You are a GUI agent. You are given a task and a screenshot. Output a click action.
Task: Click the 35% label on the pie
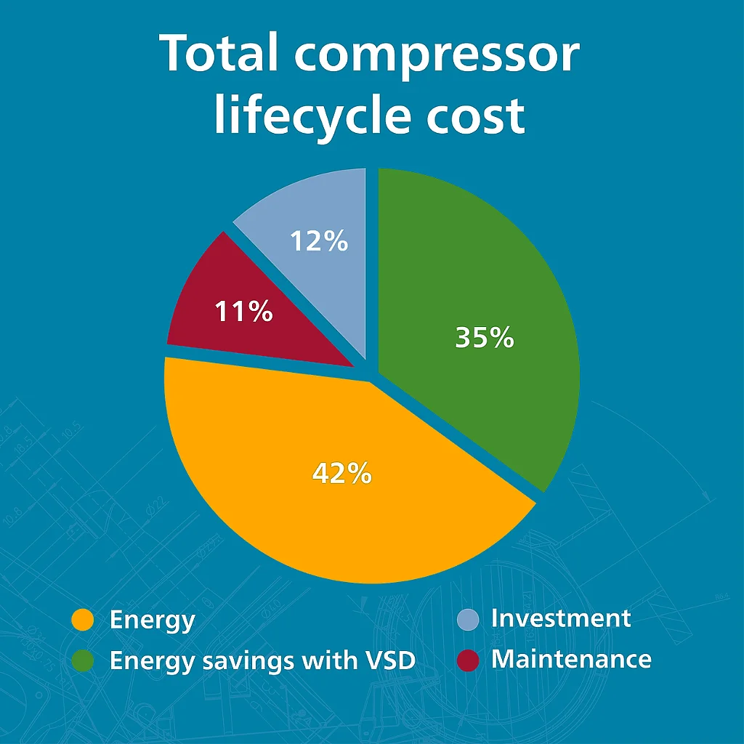click(485, 338)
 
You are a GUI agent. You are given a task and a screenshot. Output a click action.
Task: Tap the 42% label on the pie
click(342, 474)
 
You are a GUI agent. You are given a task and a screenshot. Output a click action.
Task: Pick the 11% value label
click(243, 312)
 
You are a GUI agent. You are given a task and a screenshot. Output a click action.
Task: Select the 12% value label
click(319, 241)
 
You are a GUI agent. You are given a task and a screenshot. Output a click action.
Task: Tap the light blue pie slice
click(327, 203)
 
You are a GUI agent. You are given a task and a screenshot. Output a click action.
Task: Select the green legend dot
click(83, 661)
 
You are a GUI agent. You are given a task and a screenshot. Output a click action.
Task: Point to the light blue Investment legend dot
click(468, 619)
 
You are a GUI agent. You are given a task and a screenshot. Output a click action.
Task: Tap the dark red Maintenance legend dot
click(468, 660)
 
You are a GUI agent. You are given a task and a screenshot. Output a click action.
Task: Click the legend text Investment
click(561, 618)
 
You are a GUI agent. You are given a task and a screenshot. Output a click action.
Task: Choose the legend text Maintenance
click(571, 659)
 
